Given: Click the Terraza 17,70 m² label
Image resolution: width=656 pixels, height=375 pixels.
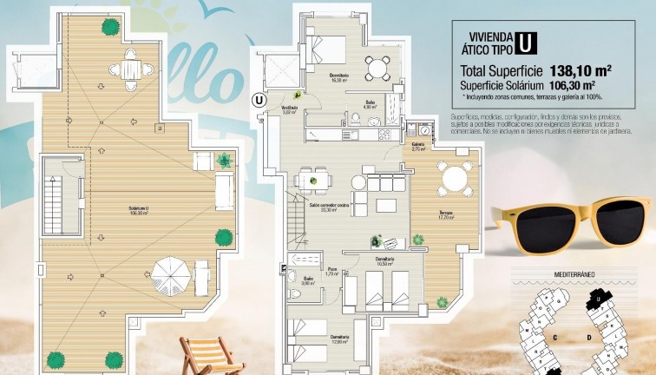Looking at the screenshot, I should point(446,216).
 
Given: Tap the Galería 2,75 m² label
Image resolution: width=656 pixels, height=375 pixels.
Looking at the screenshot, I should point(418,147).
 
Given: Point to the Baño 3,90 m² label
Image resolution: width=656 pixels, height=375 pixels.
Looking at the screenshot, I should point(308,281).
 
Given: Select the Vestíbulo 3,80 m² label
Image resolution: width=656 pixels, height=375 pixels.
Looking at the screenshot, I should point(289,110).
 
